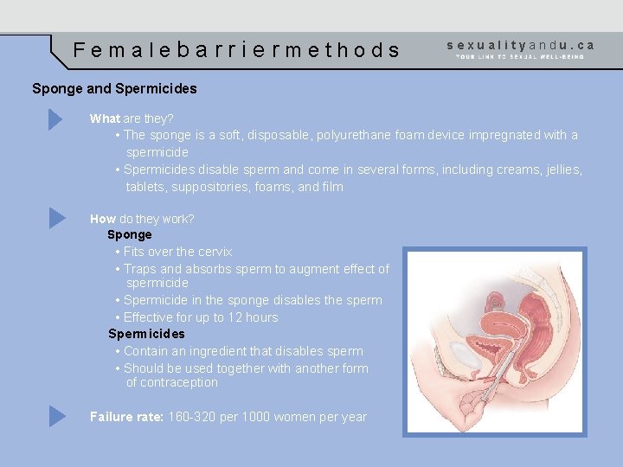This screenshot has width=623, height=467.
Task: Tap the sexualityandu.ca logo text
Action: point(521,44)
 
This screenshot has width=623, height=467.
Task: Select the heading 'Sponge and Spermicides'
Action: point(114,88)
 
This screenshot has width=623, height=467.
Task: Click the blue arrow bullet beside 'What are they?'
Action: point(56,118)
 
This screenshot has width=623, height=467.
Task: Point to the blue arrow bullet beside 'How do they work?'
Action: point(56,218)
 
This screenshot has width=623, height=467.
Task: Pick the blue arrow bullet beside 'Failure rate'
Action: point(56,416)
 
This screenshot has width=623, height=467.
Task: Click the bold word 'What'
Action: point(105,118)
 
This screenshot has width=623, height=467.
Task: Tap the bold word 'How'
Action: point(103,219)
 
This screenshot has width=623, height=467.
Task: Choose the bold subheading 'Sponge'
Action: point(130,234)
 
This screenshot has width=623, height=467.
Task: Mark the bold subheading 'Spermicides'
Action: point(146,334)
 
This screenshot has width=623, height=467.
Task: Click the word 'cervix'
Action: point(215,252)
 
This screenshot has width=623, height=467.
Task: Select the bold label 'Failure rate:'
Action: point(126,417)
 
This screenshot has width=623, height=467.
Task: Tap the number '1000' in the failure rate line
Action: point(254,417)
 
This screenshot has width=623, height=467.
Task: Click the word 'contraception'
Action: point(171,382)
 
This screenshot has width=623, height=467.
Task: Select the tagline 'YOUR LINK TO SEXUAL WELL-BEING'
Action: point(520,57)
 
